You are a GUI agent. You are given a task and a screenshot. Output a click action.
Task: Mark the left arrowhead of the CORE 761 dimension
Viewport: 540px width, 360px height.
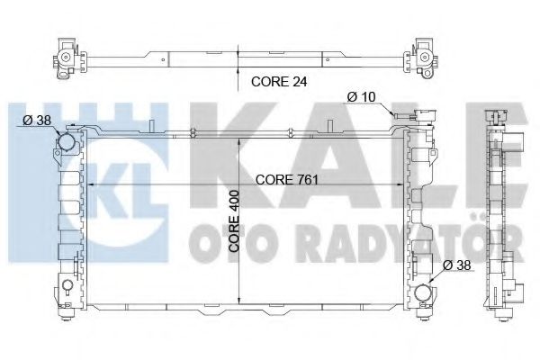86,185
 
